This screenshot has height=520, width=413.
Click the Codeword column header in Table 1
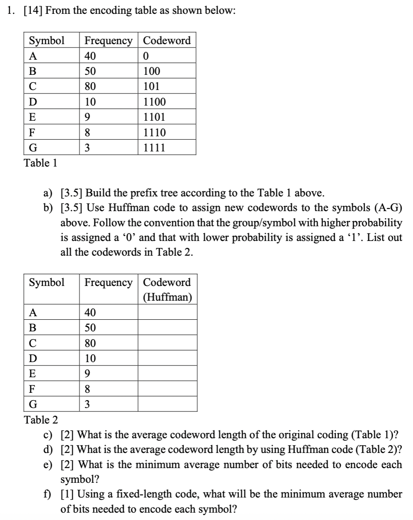point(167,41)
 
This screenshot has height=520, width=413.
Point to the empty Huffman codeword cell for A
point(168,313)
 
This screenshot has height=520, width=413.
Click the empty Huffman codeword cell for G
point(168,404)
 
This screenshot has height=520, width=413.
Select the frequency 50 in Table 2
point(90,328)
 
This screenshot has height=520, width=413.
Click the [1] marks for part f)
point(68,494)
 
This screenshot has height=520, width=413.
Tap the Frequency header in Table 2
point(109,282)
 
